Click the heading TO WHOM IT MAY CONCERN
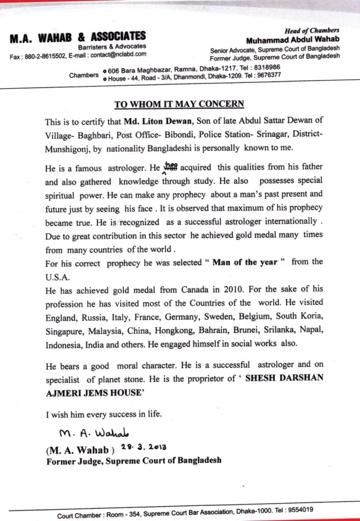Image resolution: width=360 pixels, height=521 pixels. tap(179, 104)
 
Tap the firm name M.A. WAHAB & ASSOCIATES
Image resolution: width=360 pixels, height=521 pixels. tap(77, 37)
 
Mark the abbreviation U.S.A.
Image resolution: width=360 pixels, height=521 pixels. tap(58, 276)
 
